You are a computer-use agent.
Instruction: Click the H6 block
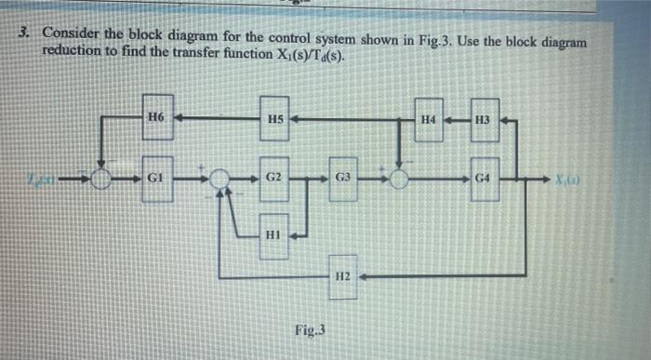click(x=155, y=117)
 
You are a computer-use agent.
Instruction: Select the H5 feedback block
click(x=274, y=119)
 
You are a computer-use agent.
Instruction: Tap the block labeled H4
click(x=428, y=120)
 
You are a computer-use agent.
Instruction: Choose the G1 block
click(x=155, y=174)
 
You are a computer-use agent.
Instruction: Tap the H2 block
click(x=342, y=276)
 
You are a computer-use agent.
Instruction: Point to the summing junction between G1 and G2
click(x=220, y=177)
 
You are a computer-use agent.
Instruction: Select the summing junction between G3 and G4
click(x=400, y=178)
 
